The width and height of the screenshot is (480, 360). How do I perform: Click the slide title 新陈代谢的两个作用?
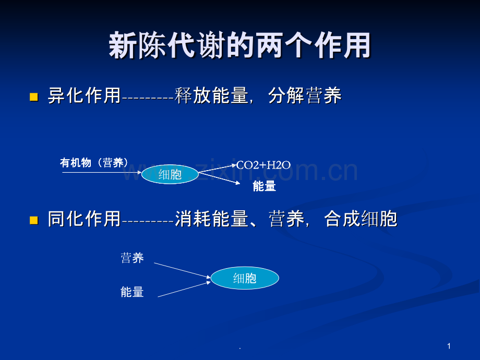pos(239,45)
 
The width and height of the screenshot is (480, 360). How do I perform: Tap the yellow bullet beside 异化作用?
pos(34,97)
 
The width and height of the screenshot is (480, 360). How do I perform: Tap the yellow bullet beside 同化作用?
pos(34,220)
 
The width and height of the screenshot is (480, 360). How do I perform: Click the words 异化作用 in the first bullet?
pos(84,95)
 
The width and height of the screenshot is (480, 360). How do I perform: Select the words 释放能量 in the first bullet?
pos(211,95)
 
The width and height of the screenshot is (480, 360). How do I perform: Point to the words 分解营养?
pos(305,95)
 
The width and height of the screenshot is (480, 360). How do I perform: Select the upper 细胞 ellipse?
pos(170,174)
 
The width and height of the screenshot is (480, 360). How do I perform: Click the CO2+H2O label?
pos(263,165)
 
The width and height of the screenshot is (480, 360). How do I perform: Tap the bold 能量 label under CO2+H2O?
pos(265,186)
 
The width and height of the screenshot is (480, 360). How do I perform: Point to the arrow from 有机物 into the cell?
pos(102,173)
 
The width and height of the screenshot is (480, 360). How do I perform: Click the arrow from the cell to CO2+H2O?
pos(218,169)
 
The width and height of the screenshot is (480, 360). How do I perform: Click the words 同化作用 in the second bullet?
pos(84,219)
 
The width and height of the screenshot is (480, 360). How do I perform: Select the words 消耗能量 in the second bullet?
pos(211,219)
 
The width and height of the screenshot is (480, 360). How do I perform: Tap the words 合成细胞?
pos(361,219)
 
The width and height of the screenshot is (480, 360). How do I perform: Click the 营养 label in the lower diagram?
pos(132,258)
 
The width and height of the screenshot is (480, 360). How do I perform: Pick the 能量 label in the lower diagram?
pos(132,292)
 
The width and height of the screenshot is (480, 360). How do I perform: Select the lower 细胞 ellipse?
pos(245,278)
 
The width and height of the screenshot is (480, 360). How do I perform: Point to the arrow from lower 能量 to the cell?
pos(184,289)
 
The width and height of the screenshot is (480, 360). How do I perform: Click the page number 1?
pos(449,346)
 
